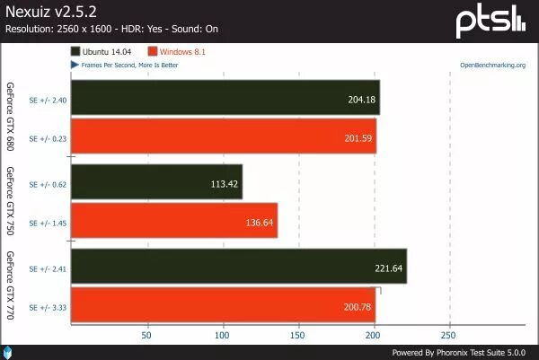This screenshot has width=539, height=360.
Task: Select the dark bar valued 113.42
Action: [155, 181]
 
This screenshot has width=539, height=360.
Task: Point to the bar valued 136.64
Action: [173, 220]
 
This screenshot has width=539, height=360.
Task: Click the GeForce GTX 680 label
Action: [11, 118]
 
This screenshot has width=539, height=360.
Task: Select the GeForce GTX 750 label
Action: [11, 201]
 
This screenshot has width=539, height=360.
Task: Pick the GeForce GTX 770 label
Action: [11, 285]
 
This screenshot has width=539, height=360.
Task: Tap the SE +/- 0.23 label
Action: [45, 137]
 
